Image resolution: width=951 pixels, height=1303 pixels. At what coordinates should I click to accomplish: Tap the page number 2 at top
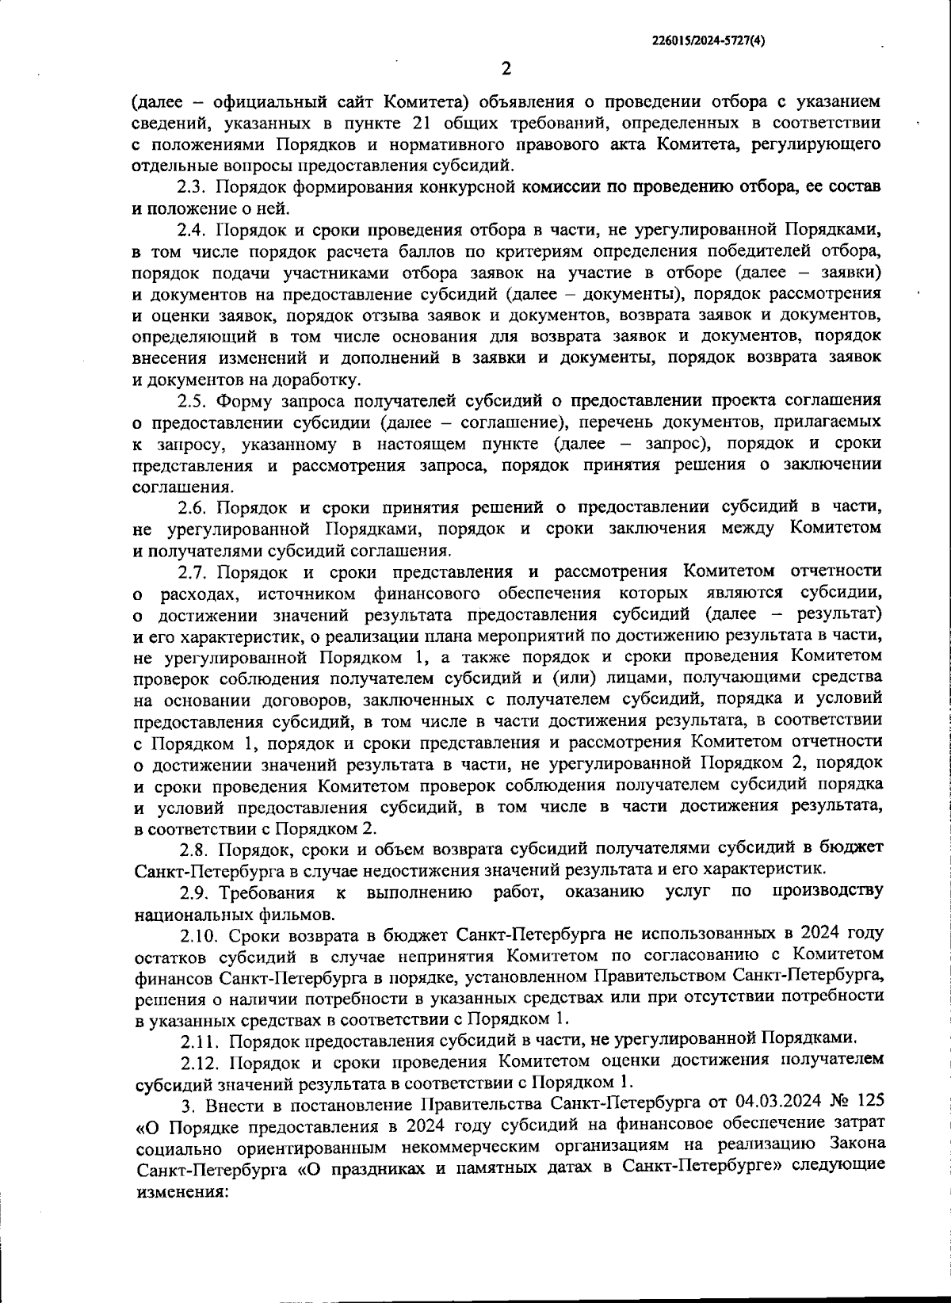pos(506,68)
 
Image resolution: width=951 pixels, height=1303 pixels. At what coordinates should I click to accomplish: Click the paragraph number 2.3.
pos(192,188)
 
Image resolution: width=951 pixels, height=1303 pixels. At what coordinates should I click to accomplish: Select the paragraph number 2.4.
pos(192,231)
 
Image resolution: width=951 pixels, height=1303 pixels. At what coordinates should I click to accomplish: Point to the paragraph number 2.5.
pos(192,401)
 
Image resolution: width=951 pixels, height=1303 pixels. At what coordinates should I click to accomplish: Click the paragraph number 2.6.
pos(192,507)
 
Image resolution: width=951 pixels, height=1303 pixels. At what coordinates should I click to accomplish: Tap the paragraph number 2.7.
pos(192,571)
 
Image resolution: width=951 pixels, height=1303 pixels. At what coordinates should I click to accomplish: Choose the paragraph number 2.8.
pos(193,850)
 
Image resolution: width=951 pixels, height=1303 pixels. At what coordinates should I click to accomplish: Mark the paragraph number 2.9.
pos(193,893)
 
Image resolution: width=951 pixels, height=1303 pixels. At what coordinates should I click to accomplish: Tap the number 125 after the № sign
pos(867,1103)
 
